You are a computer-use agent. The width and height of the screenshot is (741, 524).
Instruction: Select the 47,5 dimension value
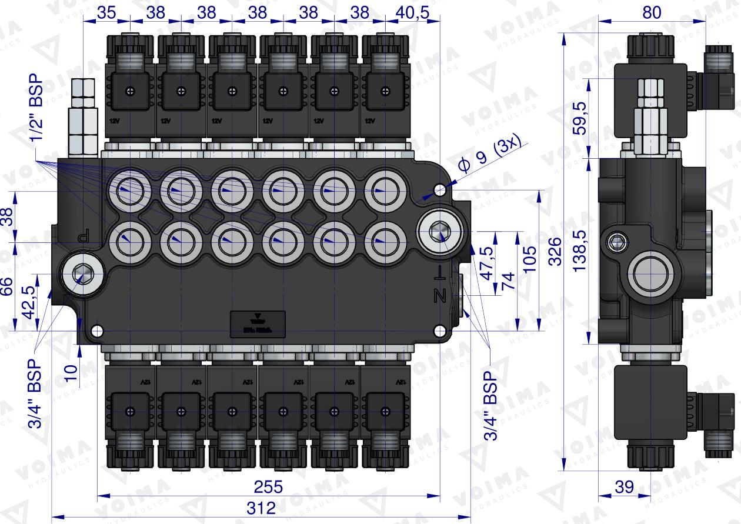[x=485, y=257]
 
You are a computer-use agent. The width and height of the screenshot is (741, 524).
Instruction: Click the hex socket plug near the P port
[x=81, y=273]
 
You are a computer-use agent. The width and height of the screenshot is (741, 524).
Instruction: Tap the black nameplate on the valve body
[x=258, y=324]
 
